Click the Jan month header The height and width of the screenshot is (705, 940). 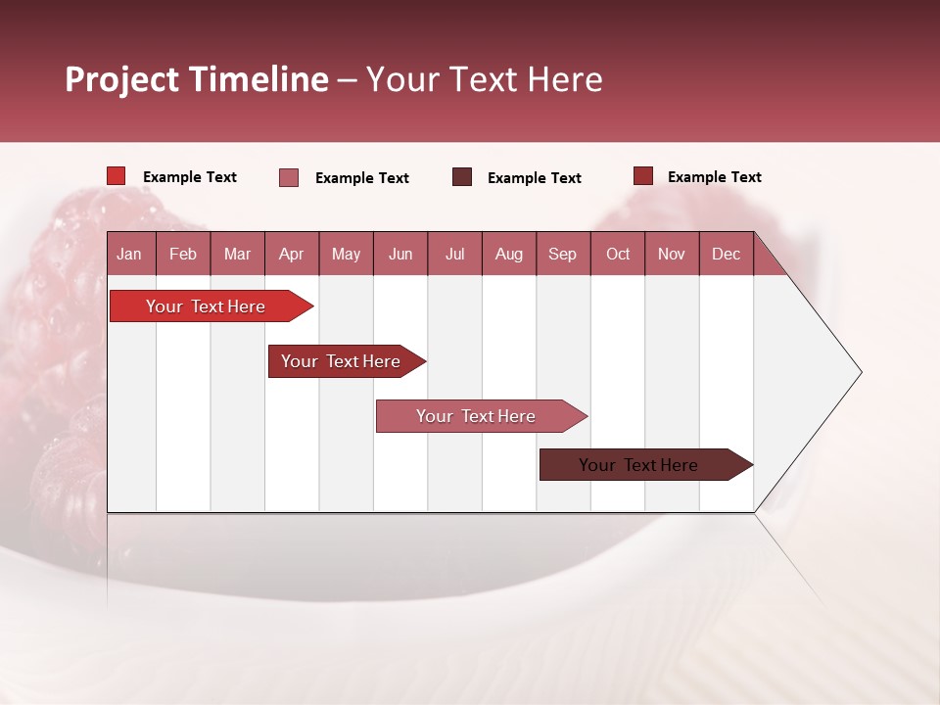coord(129,255)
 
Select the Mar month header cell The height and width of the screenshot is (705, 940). coord(237,255)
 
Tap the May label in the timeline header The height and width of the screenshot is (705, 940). coord(346,255)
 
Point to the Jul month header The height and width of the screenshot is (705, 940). coord(454,255)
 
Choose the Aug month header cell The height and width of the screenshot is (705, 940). coord(508,255)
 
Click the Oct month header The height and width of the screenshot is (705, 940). coord(618,255)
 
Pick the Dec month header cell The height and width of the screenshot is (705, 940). coord(726,255)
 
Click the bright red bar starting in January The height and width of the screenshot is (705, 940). coord(206,306)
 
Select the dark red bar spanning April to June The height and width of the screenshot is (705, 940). coord(341,361)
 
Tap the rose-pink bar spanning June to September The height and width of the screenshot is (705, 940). coord(476,416)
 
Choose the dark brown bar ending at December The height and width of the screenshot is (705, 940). coord(638,465)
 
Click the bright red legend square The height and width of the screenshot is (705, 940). coord(117,176)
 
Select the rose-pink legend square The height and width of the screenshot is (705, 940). coord(289,177)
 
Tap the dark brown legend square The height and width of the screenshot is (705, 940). coord(462,176)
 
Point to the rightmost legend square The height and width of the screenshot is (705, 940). coord(643,176)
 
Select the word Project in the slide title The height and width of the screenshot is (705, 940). coord(122,79)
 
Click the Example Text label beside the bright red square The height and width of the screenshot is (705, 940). coord(190,177)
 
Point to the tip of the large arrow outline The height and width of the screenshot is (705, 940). coord(860,372)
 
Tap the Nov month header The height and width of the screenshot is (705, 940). coord(672,255)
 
